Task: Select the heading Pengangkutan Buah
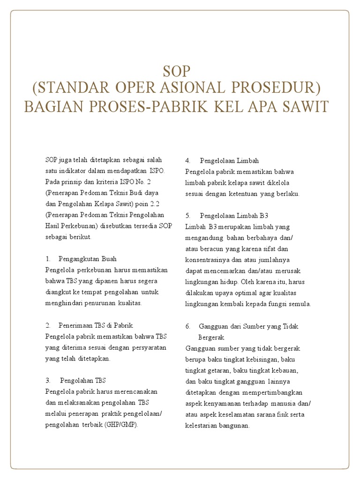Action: [88, 259]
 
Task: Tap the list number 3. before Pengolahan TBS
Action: [48, 380]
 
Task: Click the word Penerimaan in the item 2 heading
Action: [74, 325]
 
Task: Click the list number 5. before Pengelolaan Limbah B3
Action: [188, 215]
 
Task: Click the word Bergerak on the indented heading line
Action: [212, 337]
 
